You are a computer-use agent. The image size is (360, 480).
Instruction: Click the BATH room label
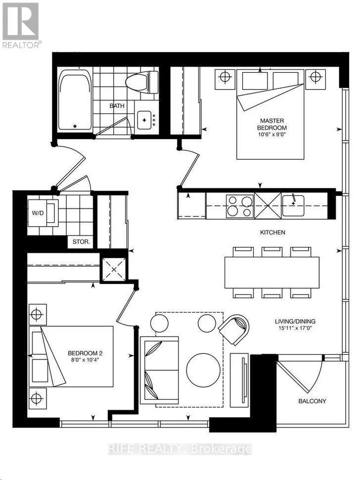click(x=117, y=105)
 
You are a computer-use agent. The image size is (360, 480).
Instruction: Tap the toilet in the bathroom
click(x=141, y=82)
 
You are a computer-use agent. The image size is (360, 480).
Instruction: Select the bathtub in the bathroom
click(x=75, y=100)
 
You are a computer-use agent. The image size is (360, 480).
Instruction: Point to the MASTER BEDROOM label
click(x=272, y=124)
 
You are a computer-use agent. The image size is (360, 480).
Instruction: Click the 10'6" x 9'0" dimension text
click(x=272, y=134)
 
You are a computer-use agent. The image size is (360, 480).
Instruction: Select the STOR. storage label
click(x=81, y=242)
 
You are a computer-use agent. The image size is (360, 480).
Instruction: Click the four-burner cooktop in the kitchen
click(x=240, y=206)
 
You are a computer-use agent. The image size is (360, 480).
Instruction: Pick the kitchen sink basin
click(x=293, y=205)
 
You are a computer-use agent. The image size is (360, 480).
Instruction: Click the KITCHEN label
click(x=272, y=233)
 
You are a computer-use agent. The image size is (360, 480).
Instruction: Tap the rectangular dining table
click(x=272, y=273)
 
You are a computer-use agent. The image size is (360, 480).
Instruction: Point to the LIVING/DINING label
click(x=295, y=322)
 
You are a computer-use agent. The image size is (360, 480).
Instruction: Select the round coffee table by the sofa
click(x=203, y=370)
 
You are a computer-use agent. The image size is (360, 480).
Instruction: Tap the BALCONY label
click(x=313, y=401)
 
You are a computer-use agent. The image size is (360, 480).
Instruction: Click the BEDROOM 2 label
click(x=85, y=353)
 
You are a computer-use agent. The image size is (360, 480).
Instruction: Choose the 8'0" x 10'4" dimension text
click(x=85, y=360)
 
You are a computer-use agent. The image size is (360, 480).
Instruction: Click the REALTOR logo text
click(x=21, y=45)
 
